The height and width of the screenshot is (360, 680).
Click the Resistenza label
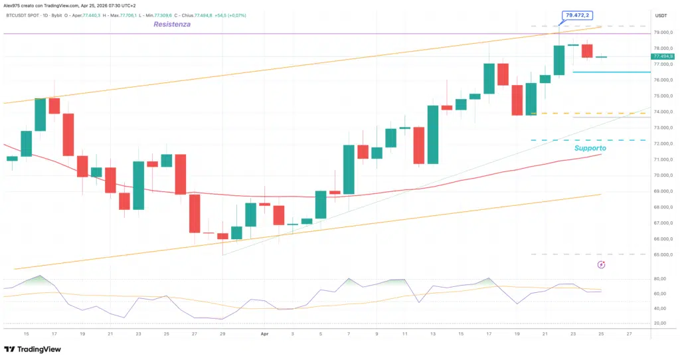pyautogui.click(x=172, y=25)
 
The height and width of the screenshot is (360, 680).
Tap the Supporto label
pyautogui.click(x=590, y=148)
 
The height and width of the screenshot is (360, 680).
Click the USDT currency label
pyautogui.click(x=661, y=15)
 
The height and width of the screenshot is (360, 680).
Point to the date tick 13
pyautogui.click(x=432, y=333)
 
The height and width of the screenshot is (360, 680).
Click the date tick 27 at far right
pyautogui.click(x=628, y=333)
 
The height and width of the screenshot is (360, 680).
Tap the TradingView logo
pyautogui.click(x=33, y=349)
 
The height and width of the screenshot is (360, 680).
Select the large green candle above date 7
pyautogui.click(x=349, y=169)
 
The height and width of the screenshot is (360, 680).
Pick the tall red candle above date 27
pyautogui.click(x=195, y=213)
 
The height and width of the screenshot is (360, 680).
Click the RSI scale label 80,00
pyautogui.click(x=660, y=279)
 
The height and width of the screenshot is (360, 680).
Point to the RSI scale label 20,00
pyautogui.click(x=660, y=323)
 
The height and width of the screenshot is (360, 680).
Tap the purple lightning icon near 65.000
pyautogui.click(x=602, y=264)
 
